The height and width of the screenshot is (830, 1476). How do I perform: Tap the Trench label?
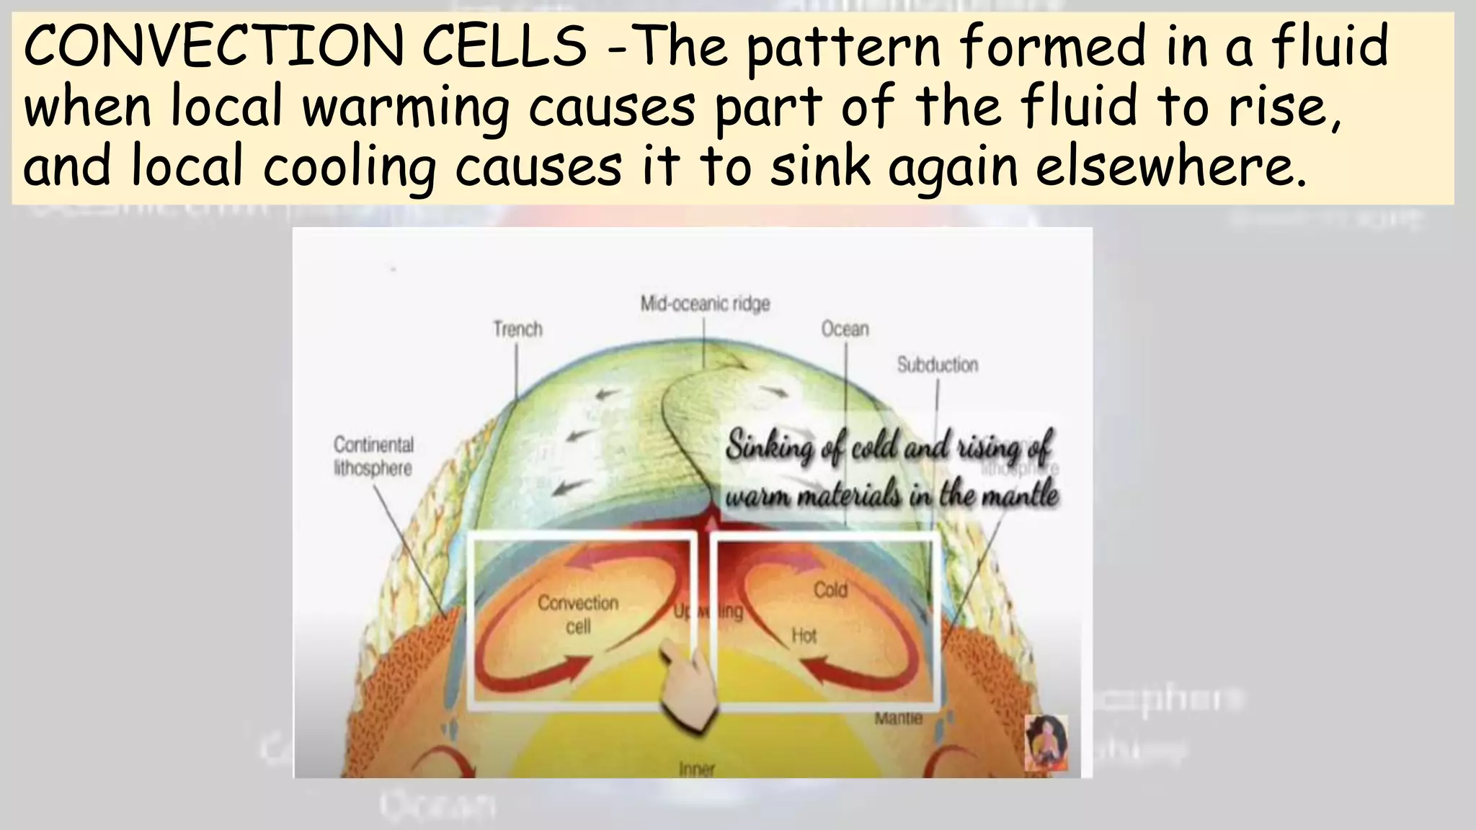pyautogui.click(x=517, y=329)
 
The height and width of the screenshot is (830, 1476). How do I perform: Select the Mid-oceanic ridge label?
pyautogui.click(x=705, y=304)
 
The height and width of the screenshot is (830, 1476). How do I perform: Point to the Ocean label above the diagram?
pyautogui.click(x=845, y=329)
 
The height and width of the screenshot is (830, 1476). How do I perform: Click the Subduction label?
pyautogui.click(x=937, y=365)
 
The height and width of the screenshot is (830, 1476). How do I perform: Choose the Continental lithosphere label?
pyautogui.click(x=373, y=456)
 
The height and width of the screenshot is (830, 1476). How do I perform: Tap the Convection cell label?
pyautogui.click(x=578, y=614)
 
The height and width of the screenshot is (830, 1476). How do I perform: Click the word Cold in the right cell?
pyautogui.click(x=830, y=590)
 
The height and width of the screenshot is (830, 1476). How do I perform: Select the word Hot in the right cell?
pyautogui.click(x=804, y=635)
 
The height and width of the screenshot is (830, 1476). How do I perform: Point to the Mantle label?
pyautogui.click(x=898, y=718)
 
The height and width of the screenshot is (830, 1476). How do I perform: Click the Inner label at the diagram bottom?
pyautogui.click(x=696, y=769)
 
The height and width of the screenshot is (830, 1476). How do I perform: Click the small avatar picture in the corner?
pyautogui.click(x=1046, y=743)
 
